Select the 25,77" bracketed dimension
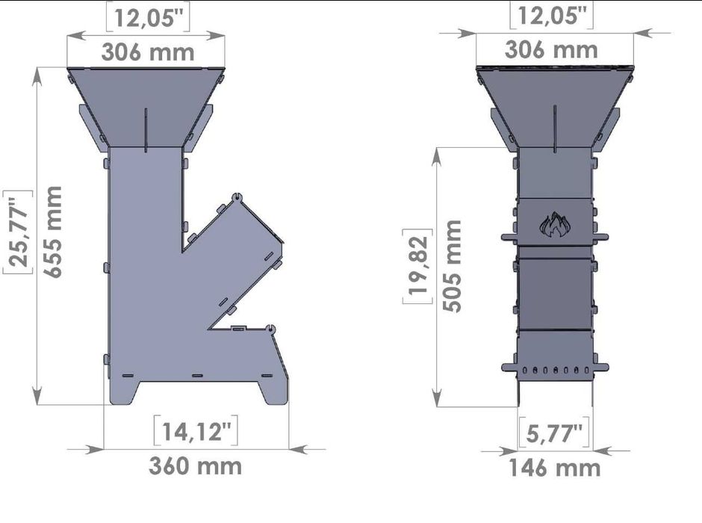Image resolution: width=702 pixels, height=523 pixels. [x=16, y=232]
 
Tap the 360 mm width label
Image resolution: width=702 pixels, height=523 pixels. [x=196, y=465]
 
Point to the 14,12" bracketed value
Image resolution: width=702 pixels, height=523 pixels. [x=196, y=431]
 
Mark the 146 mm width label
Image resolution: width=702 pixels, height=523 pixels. [x=555, y=468]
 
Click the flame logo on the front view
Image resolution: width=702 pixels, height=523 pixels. [x=554, y=225]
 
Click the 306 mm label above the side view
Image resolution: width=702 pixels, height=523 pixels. [x=148, y=52]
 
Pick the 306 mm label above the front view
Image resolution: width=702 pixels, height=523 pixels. [x=551, y=49]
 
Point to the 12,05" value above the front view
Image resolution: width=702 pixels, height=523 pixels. [x=552, y=16]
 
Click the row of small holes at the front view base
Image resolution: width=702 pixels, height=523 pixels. [x=555, y=370]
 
